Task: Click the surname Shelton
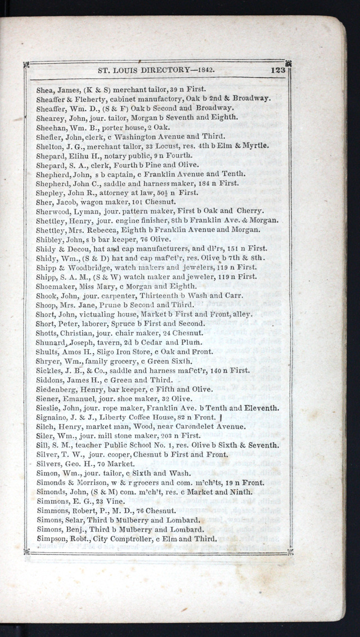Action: pos(49,146)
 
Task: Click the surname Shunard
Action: pos(51,342)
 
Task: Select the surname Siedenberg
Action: pos(59,389)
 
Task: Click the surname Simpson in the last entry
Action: pos(52,539)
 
